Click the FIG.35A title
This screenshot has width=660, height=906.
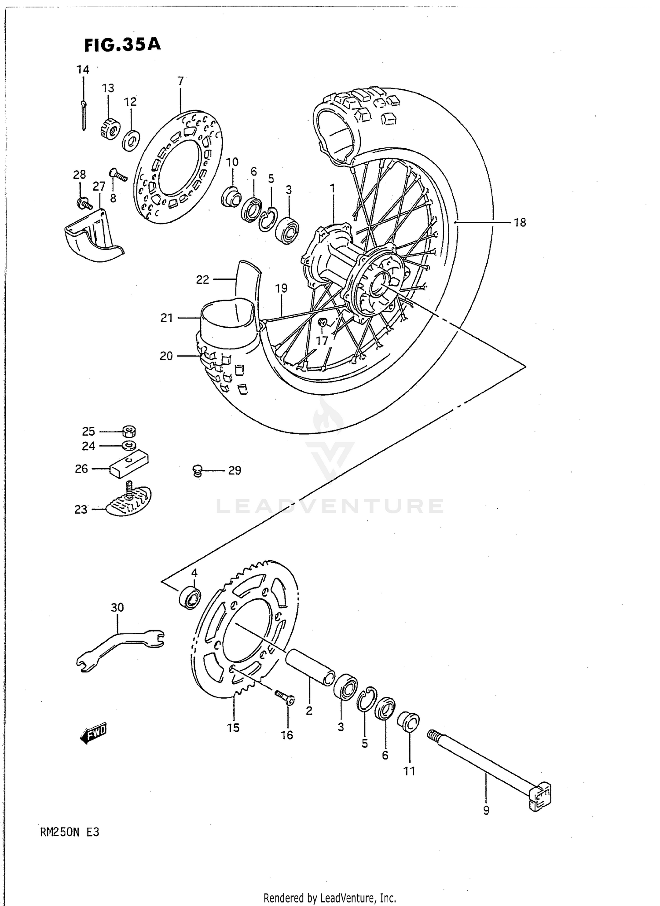[x=122, y=44]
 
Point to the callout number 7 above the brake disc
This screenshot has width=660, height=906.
[x=180, y=81]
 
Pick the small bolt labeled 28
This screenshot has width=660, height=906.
[x=83, y=204]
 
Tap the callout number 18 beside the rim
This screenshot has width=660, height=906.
[x=520, y=223]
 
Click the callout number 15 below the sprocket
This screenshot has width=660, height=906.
[x=233, y=727]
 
